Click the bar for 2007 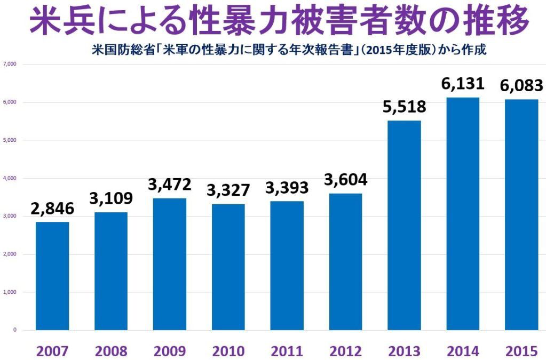pyautogui.click(x=52, y=276)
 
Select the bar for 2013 pyautogui.click(x=405, y=225)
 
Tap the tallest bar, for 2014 pyautogui.click(x=463, y=213)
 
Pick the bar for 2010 pyautogui.click(x=228, y=267)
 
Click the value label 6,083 pyautogui.click(x=521, y=85)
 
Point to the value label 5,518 pyautogui.click(x=405, y=107)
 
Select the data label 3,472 pyautogui.click(x=170, y=185)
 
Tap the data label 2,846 pyautogui.click(x=52, y=208)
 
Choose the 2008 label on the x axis pyautogui.click(x=111, y=351)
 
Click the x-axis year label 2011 pyautogui.click(x=287, y=351)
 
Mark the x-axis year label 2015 pyautogui.click(x=521, y=351)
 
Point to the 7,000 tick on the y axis pyautogui.click(x=11, y=64)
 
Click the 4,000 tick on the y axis pyautogui.click(x=11, y=178)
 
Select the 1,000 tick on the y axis pyautogui.click(x=11, y=292)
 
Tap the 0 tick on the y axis pyautogui.click(x=15, y=330)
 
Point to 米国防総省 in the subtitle pyautogui.click(x=109, y=51)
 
